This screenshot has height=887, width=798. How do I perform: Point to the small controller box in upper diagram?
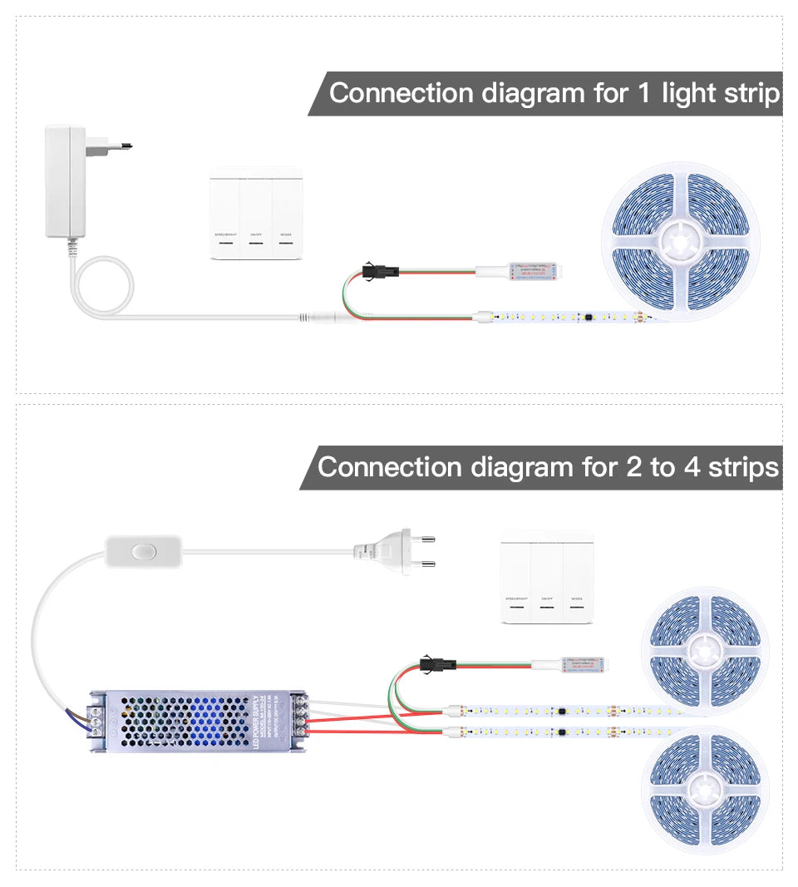(526, 270)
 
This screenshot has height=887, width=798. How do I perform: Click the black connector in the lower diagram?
(434, 663)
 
